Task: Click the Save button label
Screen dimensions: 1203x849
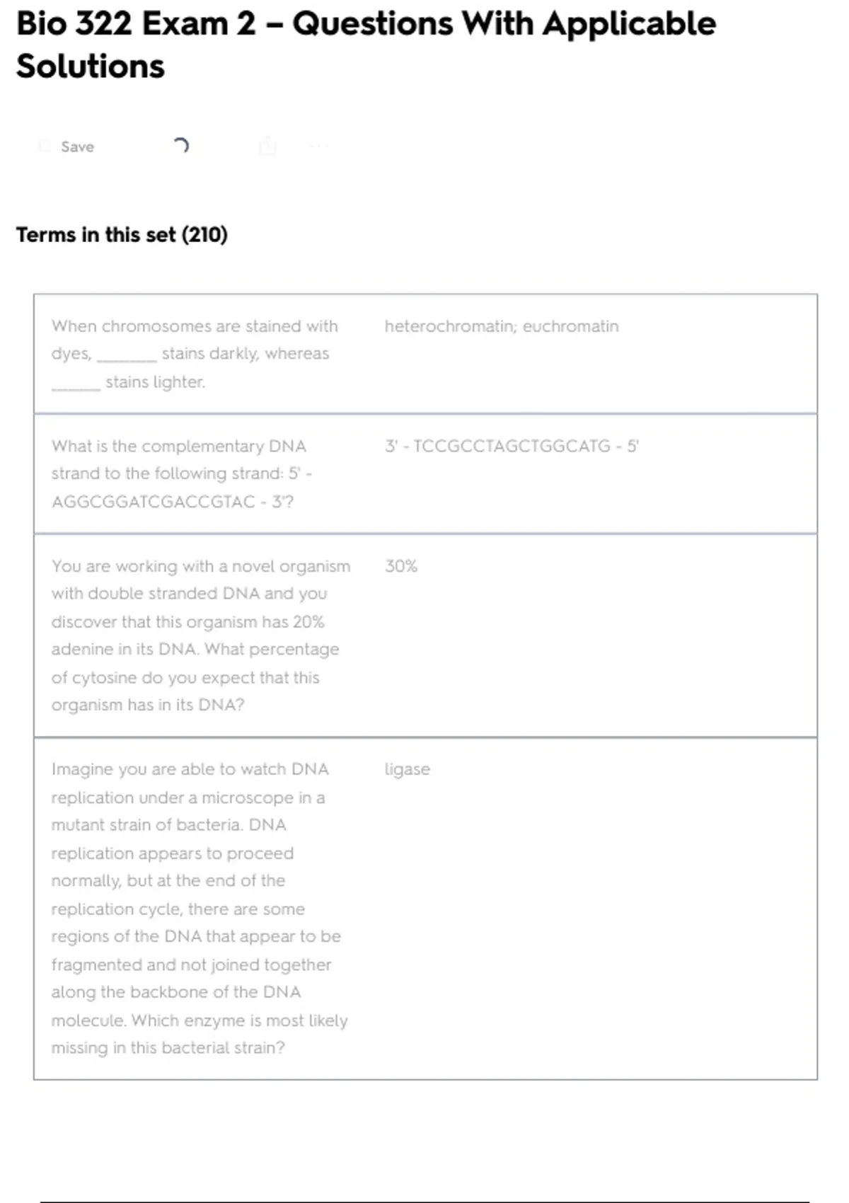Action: click(x=77, y=146)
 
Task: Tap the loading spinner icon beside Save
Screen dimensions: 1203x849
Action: click(x=181, y=146)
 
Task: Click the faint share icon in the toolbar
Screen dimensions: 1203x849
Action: click(x=267, y=146)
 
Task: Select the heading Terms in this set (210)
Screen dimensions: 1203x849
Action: click(x=122, y=235)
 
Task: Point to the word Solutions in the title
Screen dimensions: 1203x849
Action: click(x=91, y=67)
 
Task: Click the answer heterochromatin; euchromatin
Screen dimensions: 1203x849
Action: click(x=501, y=326)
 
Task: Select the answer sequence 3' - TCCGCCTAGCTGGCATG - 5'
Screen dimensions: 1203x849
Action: click(x=512, y=446)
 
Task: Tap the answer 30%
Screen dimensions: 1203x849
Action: click(x=400, y=566)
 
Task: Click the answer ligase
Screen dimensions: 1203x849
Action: click(x=407, y=769)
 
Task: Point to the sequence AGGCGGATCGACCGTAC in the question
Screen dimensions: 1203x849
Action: click(x=153, y=502)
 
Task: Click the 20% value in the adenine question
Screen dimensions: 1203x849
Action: click(x=308, y=622)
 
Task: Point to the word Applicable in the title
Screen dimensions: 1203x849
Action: click(x=629, y=24)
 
